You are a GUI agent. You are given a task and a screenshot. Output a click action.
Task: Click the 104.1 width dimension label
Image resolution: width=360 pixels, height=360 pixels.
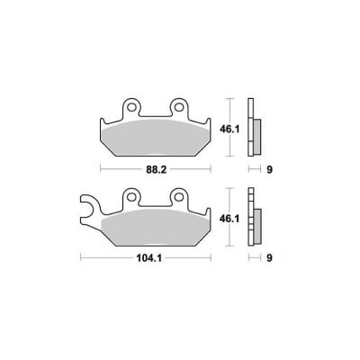pos(149,258)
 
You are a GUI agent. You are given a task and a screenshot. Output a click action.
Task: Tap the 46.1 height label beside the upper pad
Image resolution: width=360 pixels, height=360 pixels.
pos(229,130)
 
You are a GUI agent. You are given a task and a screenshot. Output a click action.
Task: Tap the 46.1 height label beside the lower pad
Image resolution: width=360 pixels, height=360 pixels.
pos(229,219)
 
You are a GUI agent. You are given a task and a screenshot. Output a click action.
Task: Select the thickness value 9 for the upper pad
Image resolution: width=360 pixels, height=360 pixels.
pos(269,170)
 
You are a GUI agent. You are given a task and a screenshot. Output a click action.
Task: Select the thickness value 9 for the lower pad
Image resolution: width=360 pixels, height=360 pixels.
pos(269,258)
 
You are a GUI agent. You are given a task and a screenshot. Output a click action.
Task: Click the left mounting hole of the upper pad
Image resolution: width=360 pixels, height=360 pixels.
pos(131,107)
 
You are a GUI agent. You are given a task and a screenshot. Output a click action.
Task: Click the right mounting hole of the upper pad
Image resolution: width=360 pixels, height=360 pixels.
pos(179,107)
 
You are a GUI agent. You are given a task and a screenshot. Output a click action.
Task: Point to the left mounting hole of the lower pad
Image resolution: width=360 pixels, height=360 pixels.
pos(131,196)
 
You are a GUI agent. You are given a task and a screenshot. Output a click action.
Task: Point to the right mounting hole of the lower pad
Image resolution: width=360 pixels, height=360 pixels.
pos(179,196)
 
